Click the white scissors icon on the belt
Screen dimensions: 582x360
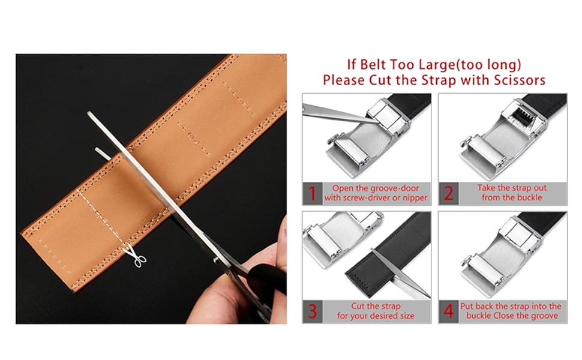tap(136, 256)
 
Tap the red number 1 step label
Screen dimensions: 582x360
tap(313, 193)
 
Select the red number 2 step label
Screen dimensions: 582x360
tap(448, 193)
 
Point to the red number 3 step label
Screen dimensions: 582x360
tap(313, 311)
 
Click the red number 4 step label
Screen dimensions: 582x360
tap(448, 311)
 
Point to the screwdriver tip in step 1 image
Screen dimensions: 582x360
tap(377, 123)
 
